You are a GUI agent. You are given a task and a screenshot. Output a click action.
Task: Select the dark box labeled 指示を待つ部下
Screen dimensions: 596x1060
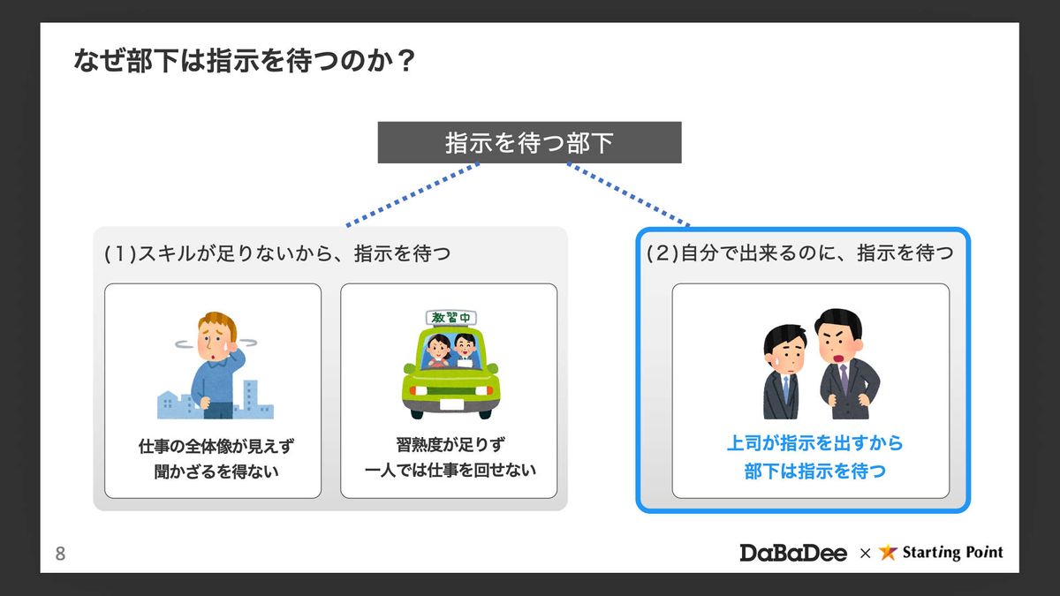tap(529, 142)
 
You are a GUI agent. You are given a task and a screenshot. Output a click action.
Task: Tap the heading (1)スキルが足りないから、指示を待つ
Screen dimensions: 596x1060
tap(277, 254)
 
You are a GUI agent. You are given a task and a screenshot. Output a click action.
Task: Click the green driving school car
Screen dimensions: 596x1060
tap(450, 375)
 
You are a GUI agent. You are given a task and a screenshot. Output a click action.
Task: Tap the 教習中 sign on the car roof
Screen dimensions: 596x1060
tap(450, 317)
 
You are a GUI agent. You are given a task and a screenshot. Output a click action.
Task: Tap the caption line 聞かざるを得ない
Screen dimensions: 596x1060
tap(212, 472)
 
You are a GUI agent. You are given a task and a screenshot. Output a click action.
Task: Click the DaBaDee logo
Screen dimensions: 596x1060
tap(793, 553)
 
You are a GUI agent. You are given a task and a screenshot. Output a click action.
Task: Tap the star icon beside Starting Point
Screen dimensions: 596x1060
tap(889, 553)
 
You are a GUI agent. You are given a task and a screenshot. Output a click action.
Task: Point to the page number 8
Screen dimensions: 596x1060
tap(60, 555)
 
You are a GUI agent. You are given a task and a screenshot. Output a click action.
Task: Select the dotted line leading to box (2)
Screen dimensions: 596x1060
tap(629, 194)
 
